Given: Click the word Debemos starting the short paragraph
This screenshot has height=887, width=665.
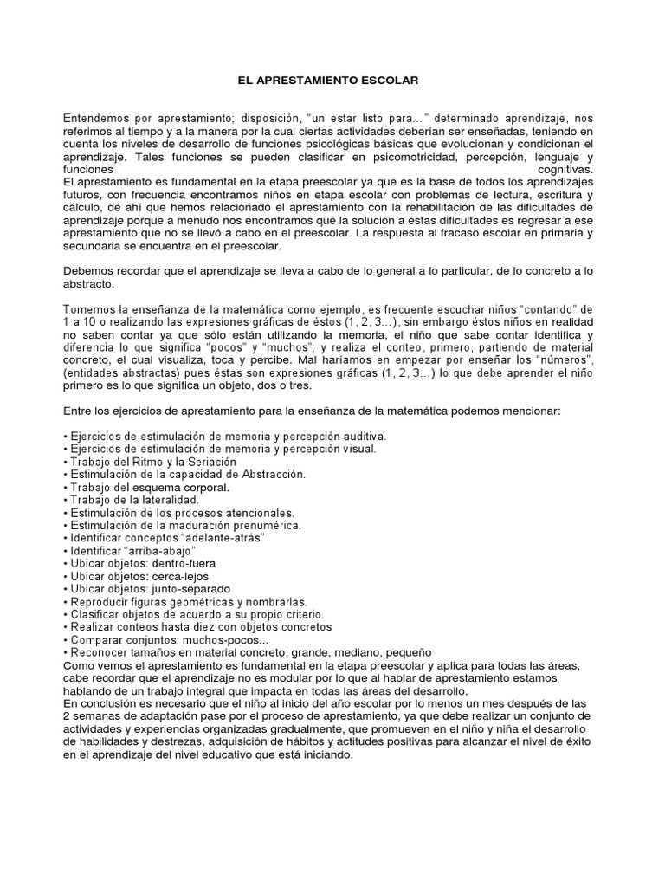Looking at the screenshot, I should pyautogui.click(x=89, y=270).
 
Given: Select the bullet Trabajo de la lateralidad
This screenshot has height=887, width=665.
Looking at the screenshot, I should pyautogui.click(x=134, y=500).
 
